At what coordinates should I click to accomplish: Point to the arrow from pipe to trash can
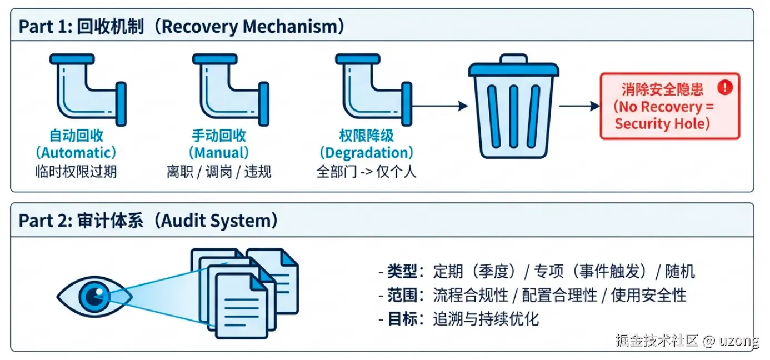click(x=440, y=106)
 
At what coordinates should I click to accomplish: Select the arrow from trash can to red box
click(x=580, y=106)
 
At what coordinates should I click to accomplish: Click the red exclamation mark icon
click(x=725, y=87)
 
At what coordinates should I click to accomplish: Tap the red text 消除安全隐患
click(x=662, y=89)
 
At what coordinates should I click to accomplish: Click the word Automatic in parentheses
click(x=76, y=153)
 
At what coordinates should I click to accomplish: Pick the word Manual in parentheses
click(x=219, y=153)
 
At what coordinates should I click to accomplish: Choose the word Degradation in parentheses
click(x=367, y=153)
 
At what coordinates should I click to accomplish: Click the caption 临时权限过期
click(x=76, y=171)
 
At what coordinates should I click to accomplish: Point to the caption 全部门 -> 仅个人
click(x=367, y=171)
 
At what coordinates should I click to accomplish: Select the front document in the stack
click(x=242, y=306)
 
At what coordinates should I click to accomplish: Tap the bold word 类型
click(x=402, y=271)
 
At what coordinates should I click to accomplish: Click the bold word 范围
click(x=402, y=296)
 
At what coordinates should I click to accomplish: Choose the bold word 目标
click(x=402, y=319)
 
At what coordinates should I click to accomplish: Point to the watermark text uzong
click(x=739, y=341)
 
